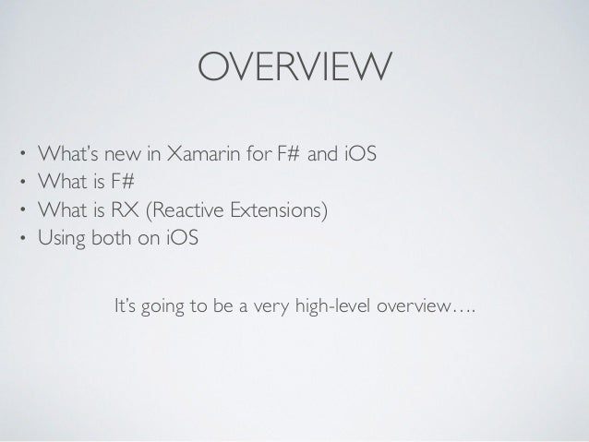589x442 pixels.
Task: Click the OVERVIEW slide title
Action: (x=294, y=67)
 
